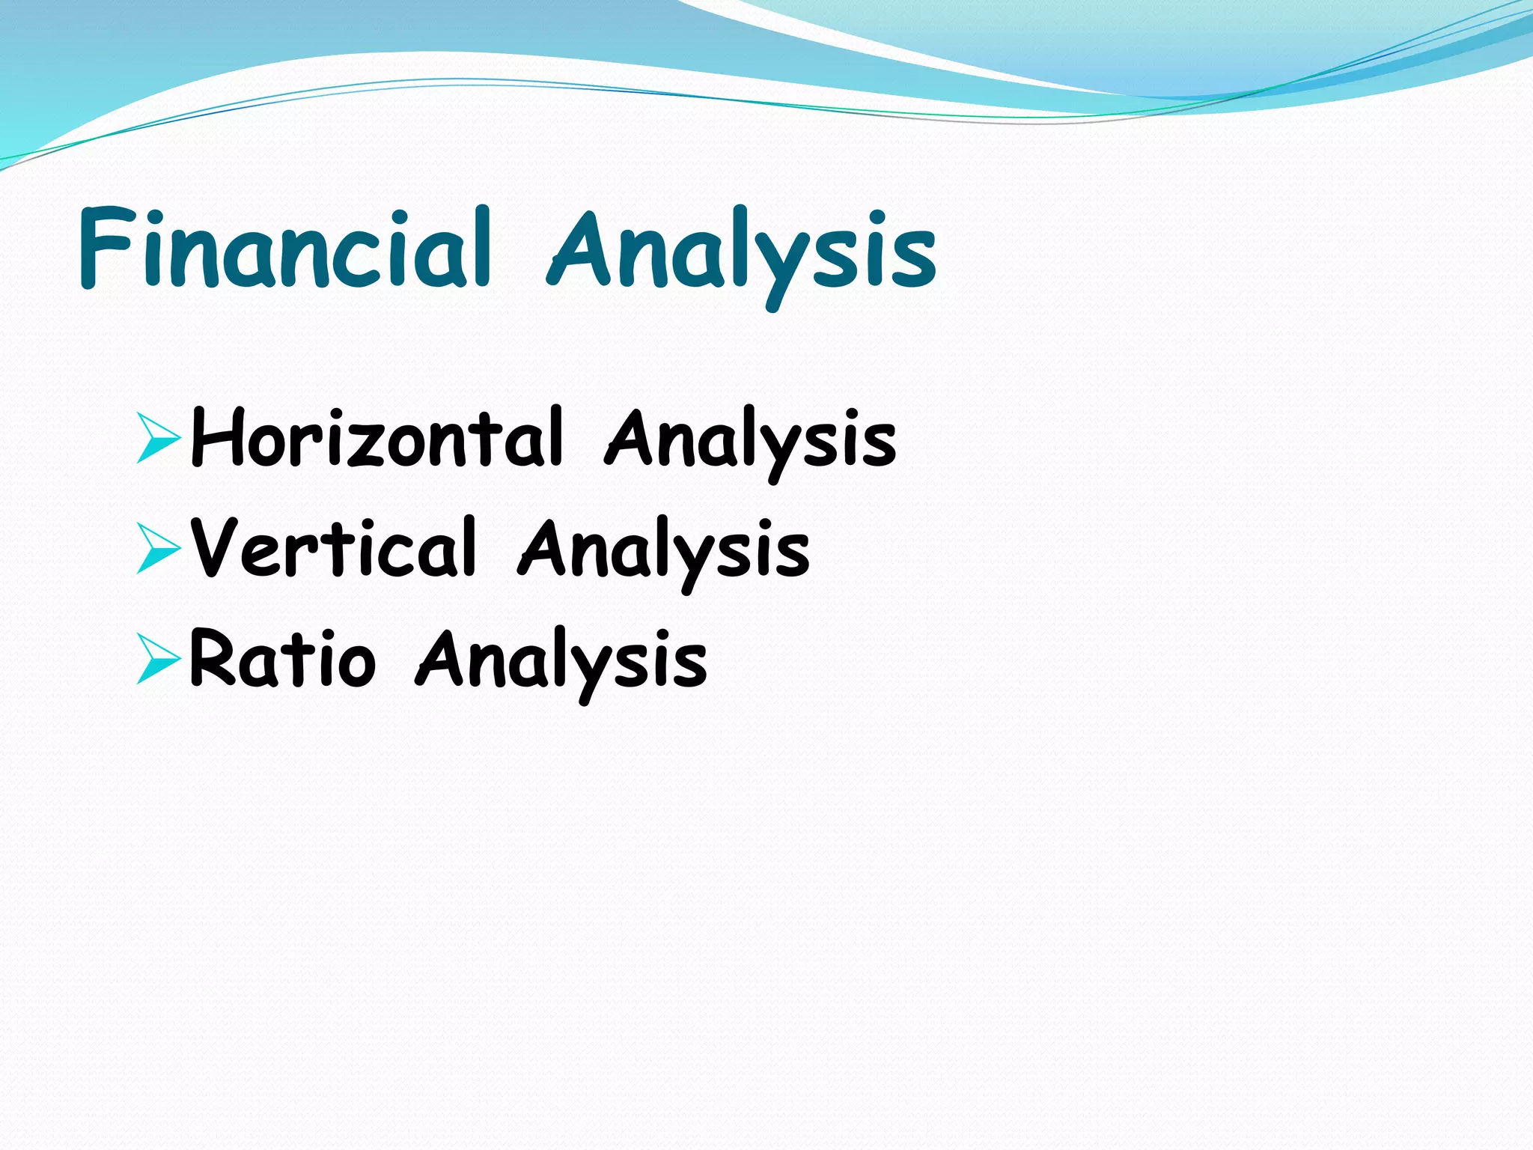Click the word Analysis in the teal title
(x=741, y=251)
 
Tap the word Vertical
(x=333, y=549)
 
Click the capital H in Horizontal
(x=217, y=438)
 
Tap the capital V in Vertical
(x=217, y=548)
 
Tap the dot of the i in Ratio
(x=330, y=635)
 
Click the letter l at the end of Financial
(x=481, y=247)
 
